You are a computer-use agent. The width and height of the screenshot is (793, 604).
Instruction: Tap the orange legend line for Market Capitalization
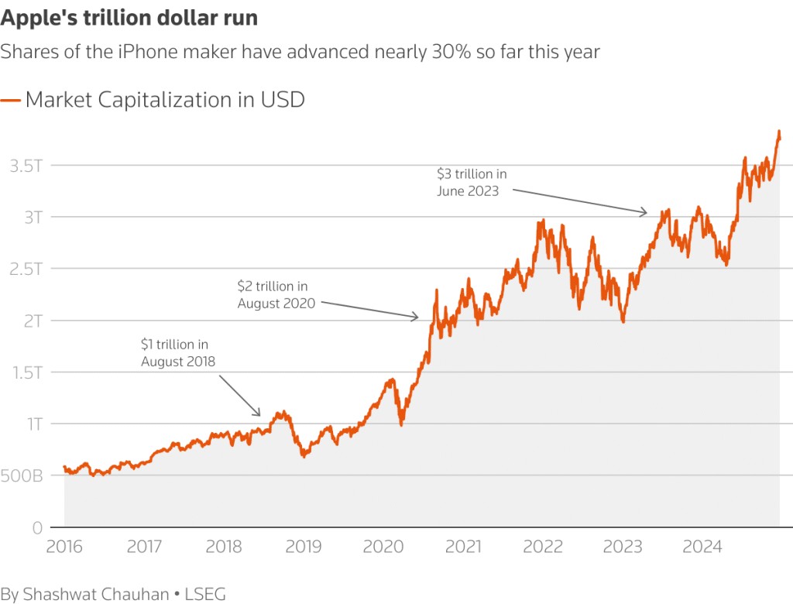pos(11,100)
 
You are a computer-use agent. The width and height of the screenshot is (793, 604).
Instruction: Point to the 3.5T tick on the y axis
pos(26,165)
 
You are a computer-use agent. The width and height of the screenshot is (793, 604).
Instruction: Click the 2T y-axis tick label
pos(32,320)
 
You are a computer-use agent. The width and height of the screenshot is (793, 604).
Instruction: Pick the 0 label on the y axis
pos(36,527)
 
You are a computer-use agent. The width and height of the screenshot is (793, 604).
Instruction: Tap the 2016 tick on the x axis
pos(64,547)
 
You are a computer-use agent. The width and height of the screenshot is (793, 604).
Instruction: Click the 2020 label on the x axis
pos(383,547)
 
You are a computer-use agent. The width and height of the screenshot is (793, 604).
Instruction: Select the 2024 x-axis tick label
pos(702,547)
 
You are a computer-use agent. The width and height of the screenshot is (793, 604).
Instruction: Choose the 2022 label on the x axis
pos(543,547)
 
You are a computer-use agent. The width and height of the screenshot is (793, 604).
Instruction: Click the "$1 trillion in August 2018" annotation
pos(178,352)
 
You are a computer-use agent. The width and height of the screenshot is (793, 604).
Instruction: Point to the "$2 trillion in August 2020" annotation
pos(276,295)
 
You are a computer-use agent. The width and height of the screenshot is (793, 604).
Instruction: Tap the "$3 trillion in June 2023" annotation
pos(472,182)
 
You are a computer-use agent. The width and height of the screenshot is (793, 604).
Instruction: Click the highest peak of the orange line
pos(778,132)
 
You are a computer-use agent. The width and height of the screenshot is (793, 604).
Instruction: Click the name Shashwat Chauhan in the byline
pos(95,594)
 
